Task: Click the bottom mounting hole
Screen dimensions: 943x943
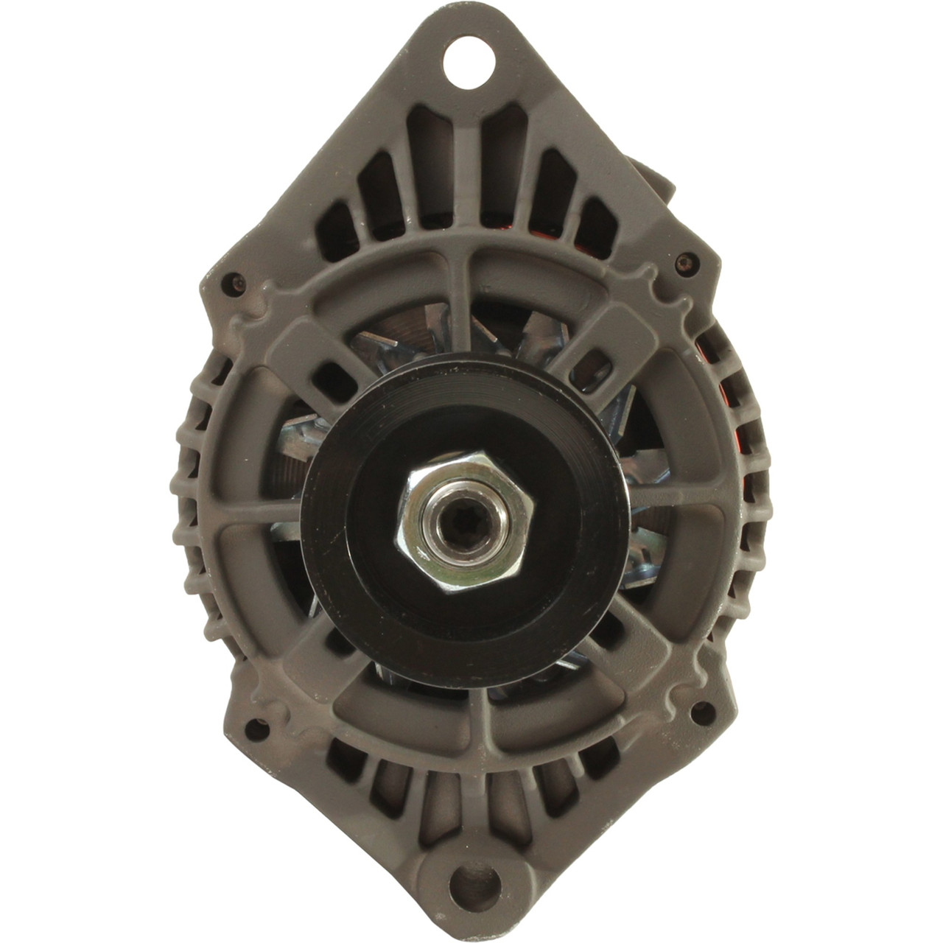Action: click(472, 879)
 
